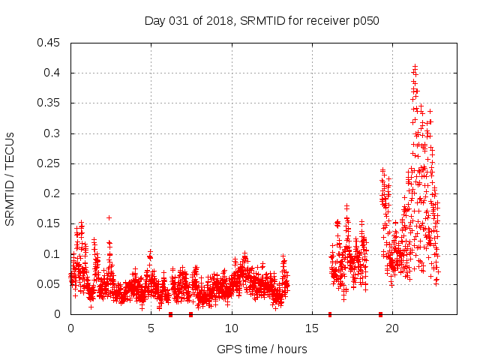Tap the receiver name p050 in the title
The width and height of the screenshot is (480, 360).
pyautogui.click(x=365, y=21)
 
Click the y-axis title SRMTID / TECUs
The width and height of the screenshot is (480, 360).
pyautogui.click(x=10, y=178)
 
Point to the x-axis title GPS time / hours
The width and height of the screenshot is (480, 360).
pyautogui.click(x=262, y=349)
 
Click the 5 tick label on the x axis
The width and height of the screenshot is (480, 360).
pyautogui.click(x=151, y=328)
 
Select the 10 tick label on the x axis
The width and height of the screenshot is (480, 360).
pyautogui.click(x=231, y=328)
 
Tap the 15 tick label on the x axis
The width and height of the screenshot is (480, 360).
pyautogui.click(x=311, y=328)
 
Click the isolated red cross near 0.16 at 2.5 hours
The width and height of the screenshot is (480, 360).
pyautogui.click(x=109, y=217)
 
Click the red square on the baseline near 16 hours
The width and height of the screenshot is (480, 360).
pyautogui.click(x=330, y=314)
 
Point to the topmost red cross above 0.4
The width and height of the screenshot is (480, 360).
pyautogui.click(x=415, y=67)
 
